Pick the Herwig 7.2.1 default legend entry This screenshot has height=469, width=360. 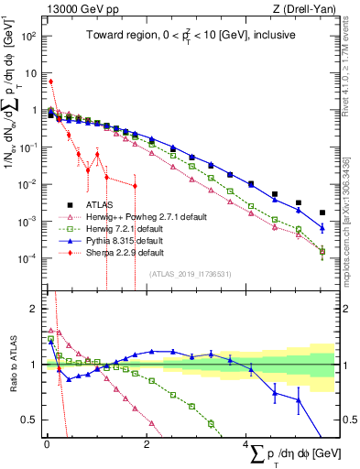coord(115,229)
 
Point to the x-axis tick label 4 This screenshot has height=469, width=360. coord(246,444)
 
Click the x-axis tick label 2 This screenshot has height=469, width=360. coord(147,444)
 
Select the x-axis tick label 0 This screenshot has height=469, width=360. coord(47,444)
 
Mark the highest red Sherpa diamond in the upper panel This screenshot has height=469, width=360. coord(51,82)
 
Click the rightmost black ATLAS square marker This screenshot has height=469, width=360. coord(322,213)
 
